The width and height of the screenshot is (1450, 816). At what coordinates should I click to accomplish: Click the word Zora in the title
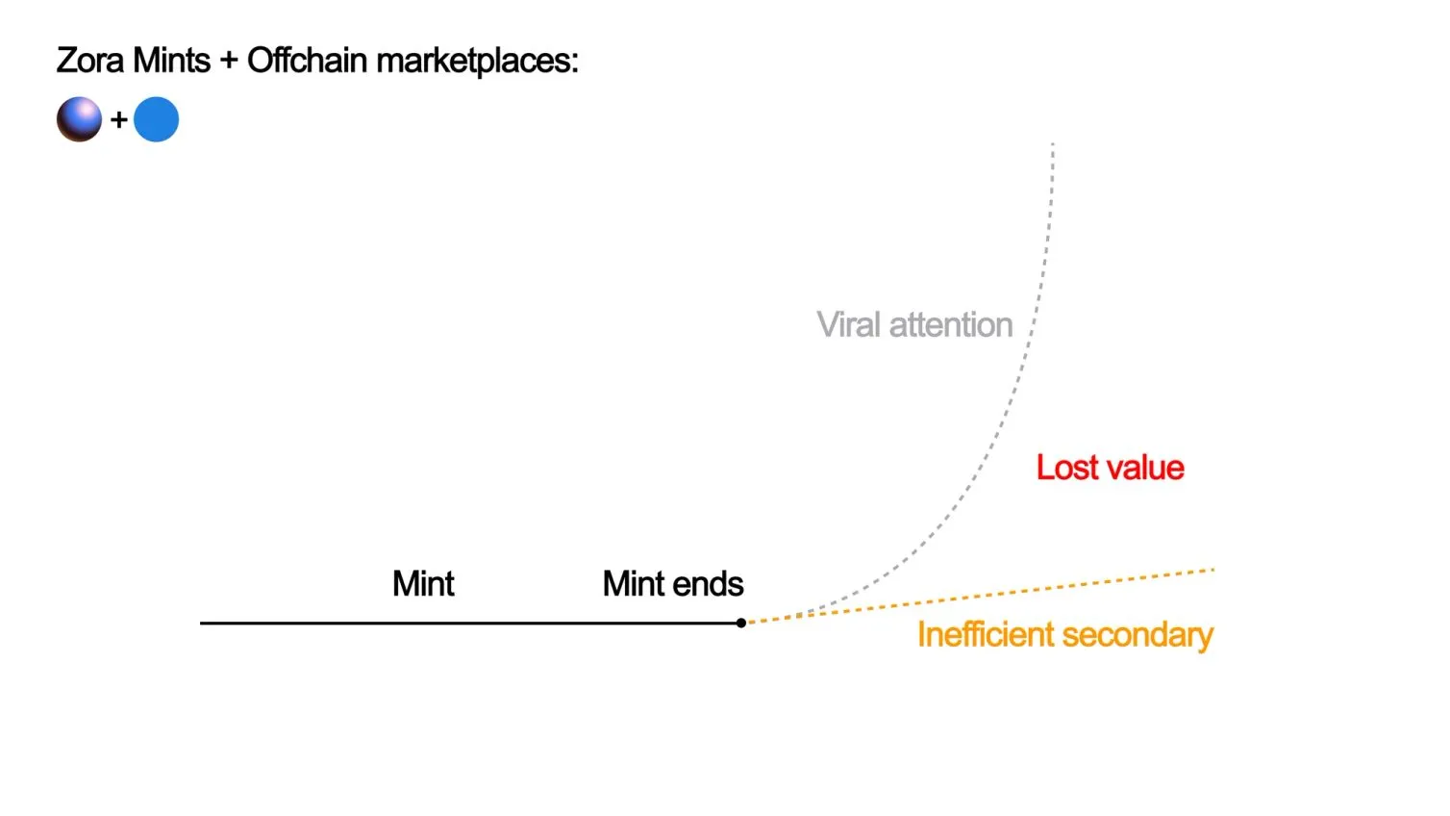tap(90, 61)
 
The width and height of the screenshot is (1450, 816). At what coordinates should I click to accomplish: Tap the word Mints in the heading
tap(172, 61)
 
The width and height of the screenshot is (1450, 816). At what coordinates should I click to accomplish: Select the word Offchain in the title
tap(307, 61)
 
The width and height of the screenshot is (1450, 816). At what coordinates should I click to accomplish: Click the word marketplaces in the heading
tap(477, 62)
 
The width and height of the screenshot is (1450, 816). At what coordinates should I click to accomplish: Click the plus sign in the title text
tap(229, 62)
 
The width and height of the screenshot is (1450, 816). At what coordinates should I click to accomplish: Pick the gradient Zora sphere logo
tap(79, 119)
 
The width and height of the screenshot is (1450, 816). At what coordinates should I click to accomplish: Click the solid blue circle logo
tap(156, 119)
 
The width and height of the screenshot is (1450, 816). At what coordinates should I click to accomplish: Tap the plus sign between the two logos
tap(119, 120)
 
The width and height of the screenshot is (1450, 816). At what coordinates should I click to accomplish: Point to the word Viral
tap(849, 325)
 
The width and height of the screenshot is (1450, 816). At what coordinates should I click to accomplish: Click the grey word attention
tap(950, 325)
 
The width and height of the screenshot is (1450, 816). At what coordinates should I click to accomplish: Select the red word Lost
tap(1066, 468)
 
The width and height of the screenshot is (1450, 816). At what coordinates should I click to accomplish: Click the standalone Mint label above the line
tap(423, 584)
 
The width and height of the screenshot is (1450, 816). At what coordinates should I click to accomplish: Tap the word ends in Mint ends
tap(709, 584)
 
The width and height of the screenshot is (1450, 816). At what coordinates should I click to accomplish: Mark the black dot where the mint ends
tap(741, 623)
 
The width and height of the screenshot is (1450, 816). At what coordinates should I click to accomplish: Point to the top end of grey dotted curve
tap(1053, 145)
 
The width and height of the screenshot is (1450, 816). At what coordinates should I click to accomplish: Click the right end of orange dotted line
tap(1212, 570)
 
